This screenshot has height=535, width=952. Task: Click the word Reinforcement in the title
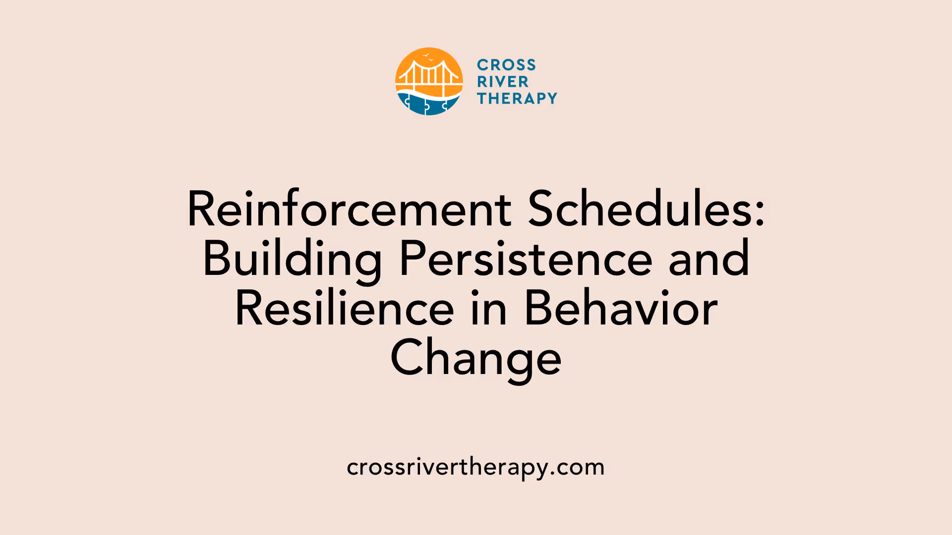coord(349,210)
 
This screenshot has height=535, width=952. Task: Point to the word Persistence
coord(526,259)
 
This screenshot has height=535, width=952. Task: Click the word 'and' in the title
coord(709,259)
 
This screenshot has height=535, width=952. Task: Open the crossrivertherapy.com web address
coord(476,467)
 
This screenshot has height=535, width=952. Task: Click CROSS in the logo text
coord(506,65)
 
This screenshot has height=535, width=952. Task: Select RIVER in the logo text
coord(503,82)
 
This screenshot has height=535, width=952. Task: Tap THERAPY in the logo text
coord(517,99)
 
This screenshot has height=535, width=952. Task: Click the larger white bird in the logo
coord(426,55)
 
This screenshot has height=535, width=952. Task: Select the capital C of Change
coord(405,358)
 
